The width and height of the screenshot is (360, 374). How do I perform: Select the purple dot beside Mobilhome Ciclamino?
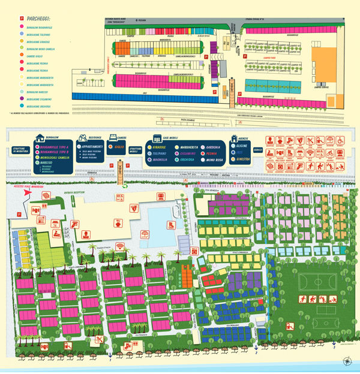22,99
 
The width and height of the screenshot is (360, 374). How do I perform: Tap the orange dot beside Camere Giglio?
22,55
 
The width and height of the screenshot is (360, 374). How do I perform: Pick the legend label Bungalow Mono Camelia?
41,48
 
